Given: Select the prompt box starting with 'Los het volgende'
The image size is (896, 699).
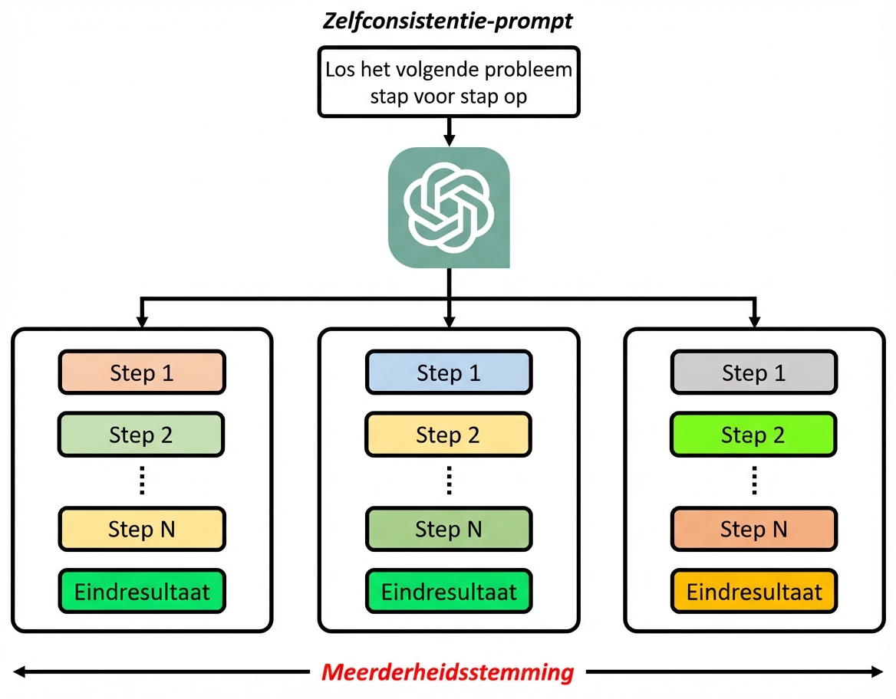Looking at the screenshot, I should [x=449, y=82].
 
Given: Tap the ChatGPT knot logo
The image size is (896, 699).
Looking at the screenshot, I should [x=449, y=207].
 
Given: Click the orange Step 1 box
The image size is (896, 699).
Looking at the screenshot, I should [x=141, y=372].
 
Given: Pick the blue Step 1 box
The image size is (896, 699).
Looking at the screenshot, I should [x=448, y=372].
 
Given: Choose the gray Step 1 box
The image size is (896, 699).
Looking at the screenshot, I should [x=754, y=372].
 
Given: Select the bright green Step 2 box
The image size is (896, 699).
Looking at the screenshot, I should [x=754, y=435].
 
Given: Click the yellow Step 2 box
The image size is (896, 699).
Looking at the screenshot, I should [x=448, y=435].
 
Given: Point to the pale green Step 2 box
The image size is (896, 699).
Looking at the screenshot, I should [x=141, y=435].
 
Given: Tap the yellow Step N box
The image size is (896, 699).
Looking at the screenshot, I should [x=141, y=529].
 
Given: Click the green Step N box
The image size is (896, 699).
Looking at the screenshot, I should [x=448, y=529].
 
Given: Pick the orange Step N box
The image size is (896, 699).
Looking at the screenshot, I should [x=754, y=529].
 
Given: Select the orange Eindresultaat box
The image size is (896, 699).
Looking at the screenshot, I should [x=754, y=591].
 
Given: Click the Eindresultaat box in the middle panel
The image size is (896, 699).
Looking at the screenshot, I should [x=448, y=591].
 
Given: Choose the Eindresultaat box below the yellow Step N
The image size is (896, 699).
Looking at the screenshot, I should [x=141, y=591].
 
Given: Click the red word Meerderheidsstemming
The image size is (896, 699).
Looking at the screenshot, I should [x=448, y=672].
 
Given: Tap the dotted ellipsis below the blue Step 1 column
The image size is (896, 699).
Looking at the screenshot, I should [x=449, y=481].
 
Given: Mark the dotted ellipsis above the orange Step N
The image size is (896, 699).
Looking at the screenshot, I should [x=754, y=481].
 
